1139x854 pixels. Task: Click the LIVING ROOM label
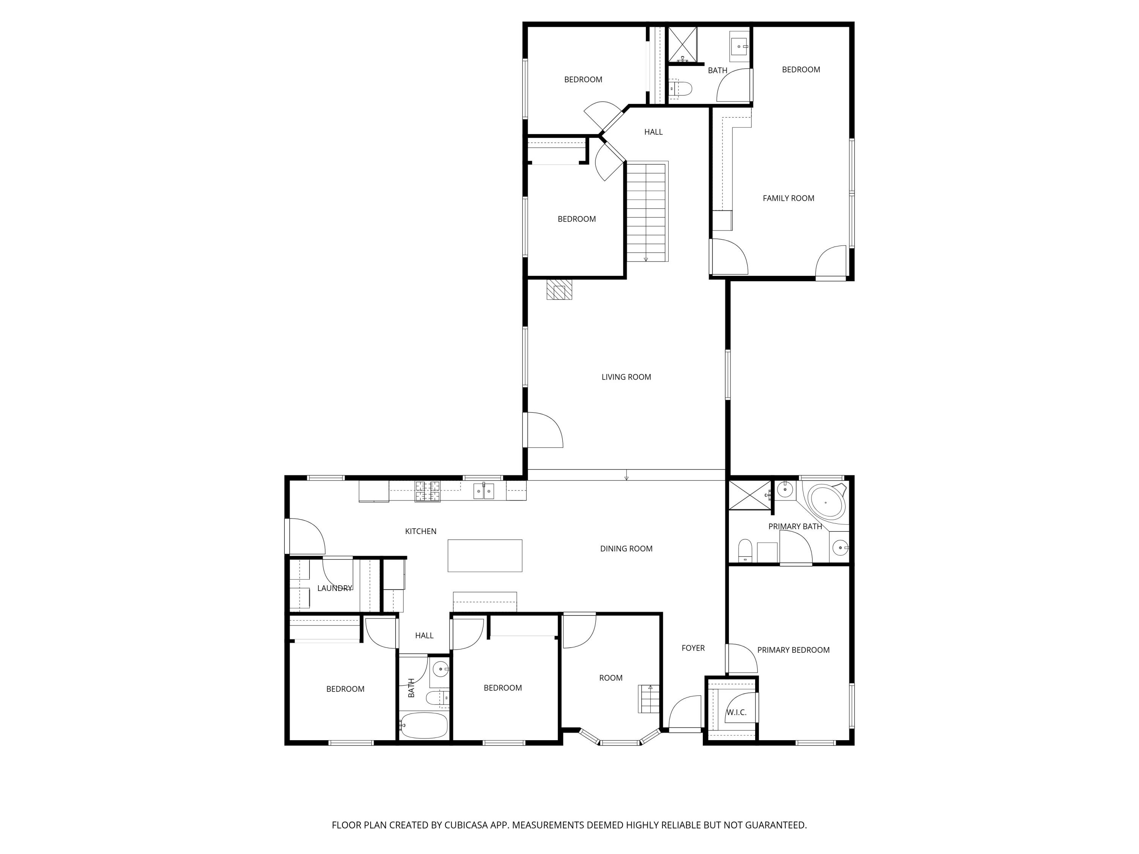coord(626,377)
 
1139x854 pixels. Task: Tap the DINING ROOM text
coord(626,549)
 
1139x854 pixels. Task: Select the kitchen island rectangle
coord(484,555)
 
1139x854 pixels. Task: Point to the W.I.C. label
coord(736,712)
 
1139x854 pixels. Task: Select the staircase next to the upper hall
coord(646,211)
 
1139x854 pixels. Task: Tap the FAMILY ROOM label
coord(788,198)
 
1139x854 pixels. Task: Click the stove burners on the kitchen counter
coord(428,491)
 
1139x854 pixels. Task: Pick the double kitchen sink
coord(484,491)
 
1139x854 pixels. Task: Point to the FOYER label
coord(693,648)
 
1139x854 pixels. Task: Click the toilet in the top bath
coord(681,88)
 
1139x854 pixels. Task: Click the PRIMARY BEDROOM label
coord(793,650)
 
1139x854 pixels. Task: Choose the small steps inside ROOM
coord(649,699)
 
